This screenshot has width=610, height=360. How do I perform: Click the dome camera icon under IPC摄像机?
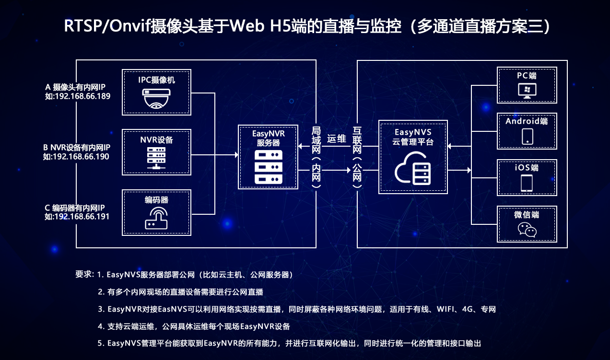coord(156,98)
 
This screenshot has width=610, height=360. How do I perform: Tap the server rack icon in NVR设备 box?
coord(156,158)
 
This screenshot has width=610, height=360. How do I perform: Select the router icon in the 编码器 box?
coord(156,218)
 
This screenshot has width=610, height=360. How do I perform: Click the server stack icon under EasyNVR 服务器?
coord(268,167)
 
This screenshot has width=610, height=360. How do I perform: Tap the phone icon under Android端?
coord(527,136)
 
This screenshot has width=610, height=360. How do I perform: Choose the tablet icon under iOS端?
coord(527,183)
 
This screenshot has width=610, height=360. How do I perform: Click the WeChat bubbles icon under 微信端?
coord(527,230)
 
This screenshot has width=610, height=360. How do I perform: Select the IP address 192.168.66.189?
coord(83,96)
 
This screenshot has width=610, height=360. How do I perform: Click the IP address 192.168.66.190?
coord(81,156)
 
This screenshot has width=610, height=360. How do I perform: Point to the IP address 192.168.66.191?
coord(82,217)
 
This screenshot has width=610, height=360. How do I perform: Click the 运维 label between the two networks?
coord(337,139)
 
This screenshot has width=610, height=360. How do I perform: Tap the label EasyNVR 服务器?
coord(268,138)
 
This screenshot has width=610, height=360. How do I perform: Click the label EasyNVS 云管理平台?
coord(413,137)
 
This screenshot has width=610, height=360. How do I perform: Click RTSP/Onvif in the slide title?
coord(107,26)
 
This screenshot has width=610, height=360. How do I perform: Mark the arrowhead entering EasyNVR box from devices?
coord(236,155)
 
